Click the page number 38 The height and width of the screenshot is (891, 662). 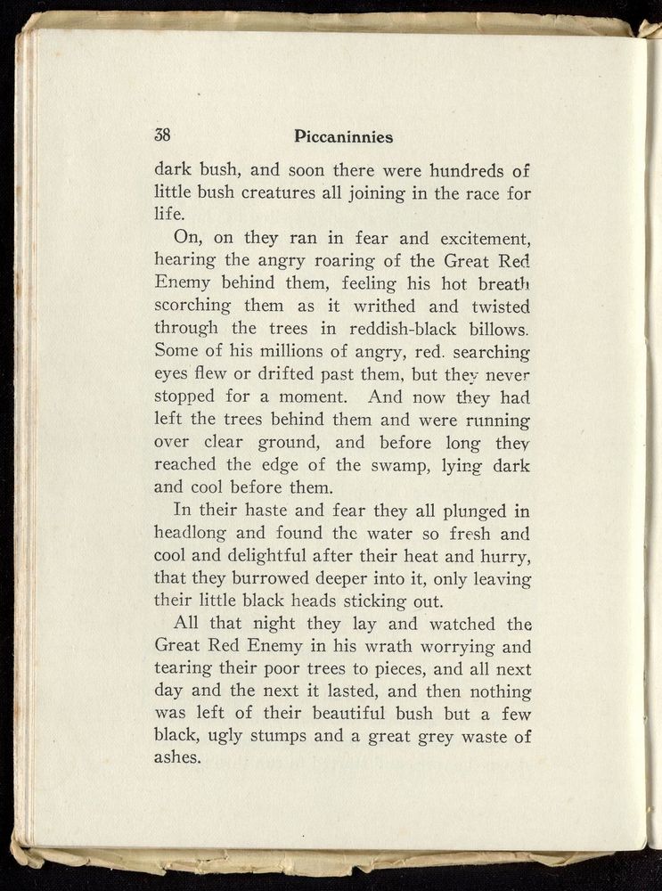162,136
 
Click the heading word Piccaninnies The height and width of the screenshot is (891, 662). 343,137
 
